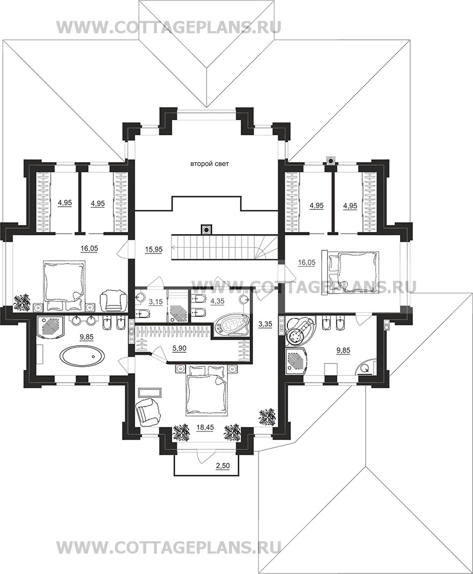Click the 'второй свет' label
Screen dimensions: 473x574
[x=210, y=164]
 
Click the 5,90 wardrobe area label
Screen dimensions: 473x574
[x=179, y=349]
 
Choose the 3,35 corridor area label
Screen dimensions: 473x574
[x=265, y=324]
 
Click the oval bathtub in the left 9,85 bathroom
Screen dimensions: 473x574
[x=83, y=355]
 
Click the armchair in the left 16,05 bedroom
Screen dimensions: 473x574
[x=113, y=301]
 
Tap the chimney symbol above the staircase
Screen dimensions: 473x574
[x=206, y=230]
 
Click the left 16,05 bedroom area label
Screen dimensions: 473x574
[x=89, y=249]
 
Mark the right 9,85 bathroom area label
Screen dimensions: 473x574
[x=343, y=350]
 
